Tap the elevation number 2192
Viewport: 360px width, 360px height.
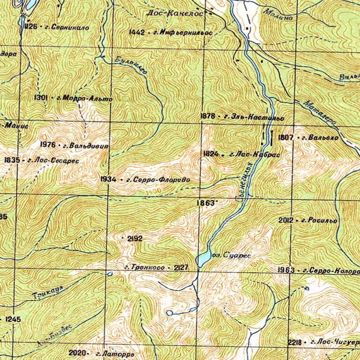pos(135,239)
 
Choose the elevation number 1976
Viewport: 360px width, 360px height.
pos(48,144)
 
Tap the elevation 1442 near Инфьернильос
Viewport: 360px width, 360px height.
pos(137,32)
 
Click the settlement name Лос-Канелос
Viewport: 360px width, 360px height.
pos(175,15)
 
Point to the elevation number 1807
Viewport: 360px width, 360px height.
pos(285,138)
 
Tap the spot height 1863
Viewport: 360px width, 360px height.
pos(206,203)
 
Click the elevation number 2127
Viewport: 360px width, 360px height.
pos(181,268)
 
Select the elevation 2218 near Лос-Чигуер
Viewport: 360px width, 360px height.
pos(295,343)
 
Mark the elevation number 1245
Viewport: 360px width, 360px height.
pos(14,319)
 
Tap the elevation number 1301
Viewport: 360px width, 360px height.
pos(42,97)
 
